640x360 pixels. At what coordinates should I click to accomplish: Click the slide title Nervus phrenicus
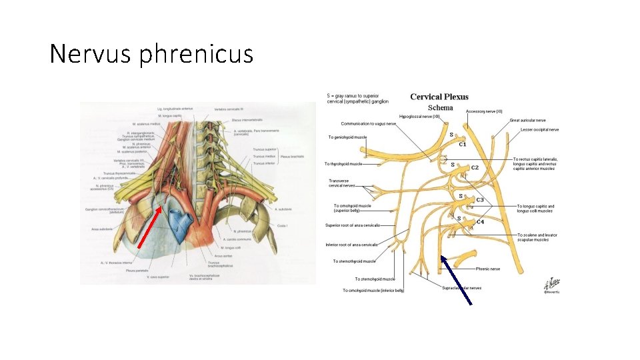pyautogui.click(x=151, y=54)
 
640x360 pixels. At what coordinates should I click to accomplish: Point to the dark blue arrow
pyautogui.click(x=456, y=280)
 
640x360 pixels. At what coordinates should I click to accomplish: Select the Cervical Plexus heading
pyautogui.click(x=439, y=97)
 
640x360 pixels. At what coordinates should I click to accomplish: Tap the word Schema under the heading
pyautogui.click(x=440, y=107)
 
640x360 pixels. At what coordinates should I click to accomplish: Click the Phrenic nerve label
pyautogui.click(x=488, y=269)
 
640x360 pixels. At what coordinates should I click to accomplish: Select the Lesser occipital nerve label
pyautogui.click(x=539, y=130)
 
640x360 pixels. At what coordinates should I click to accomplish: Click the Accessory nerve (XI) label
pyautogui.click(x=484, y=111)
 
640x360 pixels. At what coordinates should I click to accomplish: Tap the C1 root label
pyautogui.click(x=462, y=145)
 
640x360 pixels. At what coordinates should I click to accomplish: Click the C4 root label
pyautogui.click(x=480, y=222)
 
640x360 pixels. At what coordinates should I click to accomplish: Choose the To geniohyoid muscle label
pyautogui.click(x=347, y=137)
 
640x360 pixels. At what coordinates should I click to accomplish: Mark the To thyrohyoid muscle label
pyautogui.click(x=343, y=164)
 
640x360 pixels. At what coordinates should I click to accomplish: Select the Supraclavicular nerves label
pyautogui.click(x=461, y=288)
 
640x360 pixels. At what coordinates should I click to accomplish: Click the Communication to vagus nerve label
pyautogui.click(x=368, y=123)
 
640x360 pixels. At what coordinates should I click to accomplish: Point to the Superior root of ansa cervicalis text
pyautogui.click(x=353, y=225)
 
